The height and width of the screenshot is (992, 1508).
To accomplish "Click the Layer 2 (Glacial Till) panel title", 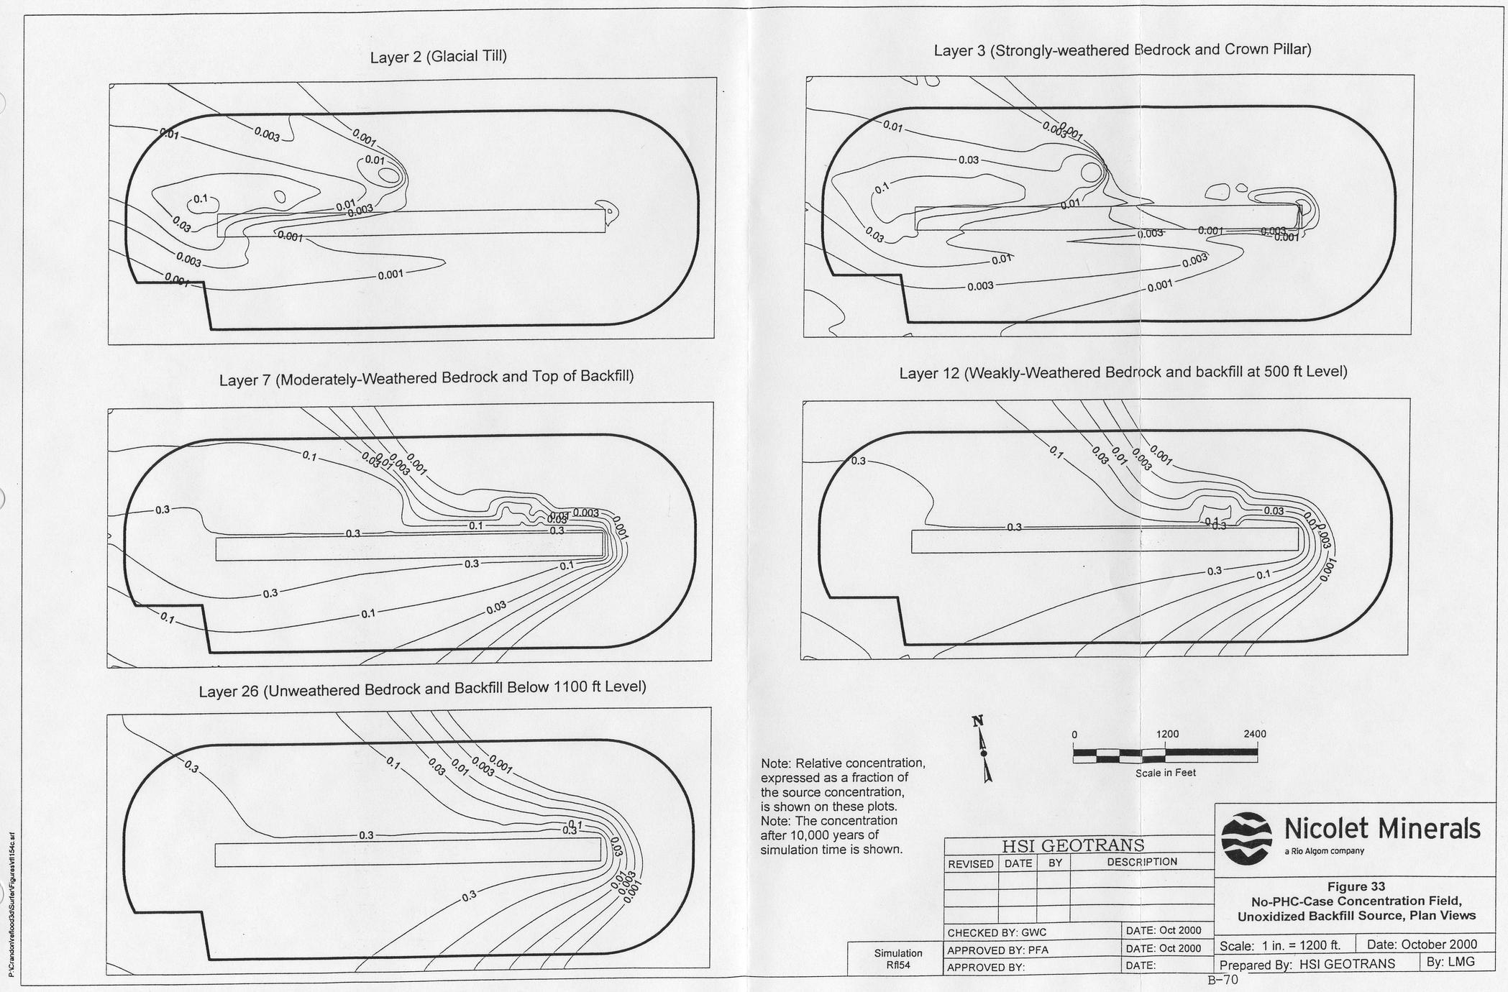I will pyautogui.click(x=438, y=56).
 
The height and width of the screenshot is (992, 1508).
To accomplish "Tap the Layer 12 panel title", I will pyautogui.click(x=1123, y=372).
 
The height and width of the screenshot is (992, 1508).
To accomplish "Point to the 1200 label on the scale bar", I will pyautogui.click(x=1167, y=734).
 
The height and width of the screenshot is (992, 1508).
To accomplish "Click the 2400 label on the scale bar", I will pyautogui.click(x=1255, y=734).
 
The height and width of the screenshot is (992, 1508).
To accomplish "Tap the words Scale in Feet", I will pyautogui.click(x=1165, y=773).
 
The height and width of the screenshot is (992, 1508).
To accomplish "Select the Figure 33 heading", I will pyautogui.click(x=1356, y=886).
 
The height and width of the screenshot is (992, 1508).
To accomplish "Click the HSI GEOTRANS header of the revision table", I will pyautogui.click(x=1073, y=845).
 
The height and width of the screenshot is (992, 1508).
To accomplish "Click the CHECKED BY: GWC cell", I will pyautogui.click(x=997, y=932).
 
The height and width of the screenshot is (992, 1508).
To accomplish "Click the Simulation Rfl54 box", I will pyautogui.click(x=898, y=959).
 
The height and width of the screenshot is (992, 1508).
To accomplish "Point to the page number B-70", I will pyautogui.click(x=1223, y=979).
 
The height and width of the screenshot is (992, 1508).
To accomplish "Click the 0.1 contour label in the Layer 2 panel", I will pyautogui.click(x=201, y=198).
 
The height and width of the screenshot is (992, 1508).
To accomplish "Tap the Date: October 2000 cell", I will pyautogui.click(x=1421, y=945).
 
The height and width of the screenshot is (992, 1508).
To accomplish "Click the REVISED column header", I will pyautogui.click(x=970, y=863).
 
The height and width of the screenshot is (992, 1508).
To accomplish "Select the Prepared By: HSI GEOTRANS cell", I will pyautogui.click(x=1307, y=963).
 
